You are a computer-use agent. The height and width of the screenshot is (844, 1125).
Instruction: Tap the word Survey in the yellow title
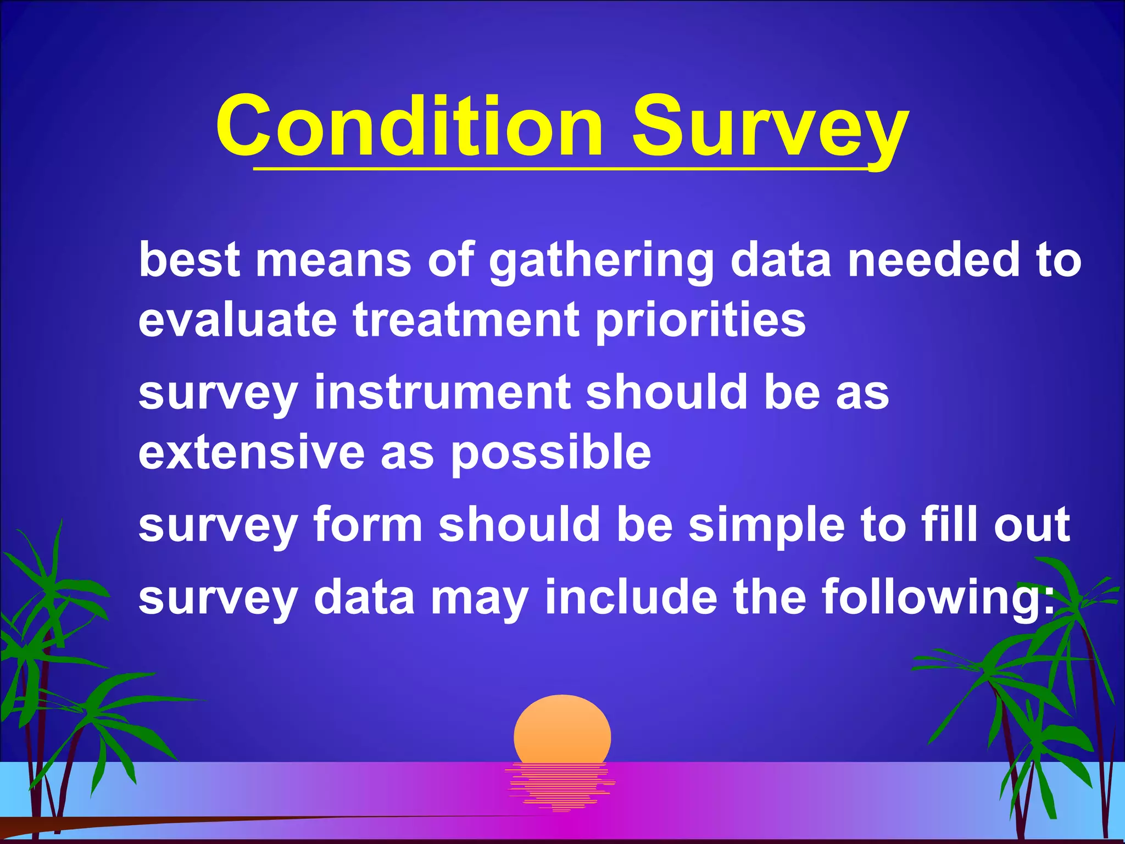point(769,127)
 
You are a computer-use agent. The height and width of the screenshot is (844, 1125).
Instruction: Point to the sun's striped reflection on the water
point(560,786)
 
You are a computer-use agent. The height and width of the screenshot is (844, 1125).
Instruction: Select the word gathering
point(602,261)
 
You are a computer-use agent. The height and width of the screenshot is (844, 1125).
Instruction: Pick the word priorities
point(700,321)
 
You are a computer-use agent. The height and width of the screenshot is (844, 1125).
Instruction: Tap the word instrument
point(442,392)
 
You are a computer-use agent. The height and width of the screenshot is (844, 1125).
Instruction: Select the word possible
point(551,454)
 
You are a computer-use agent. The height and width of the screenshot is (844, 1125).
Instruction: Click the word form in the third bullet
point(367,524)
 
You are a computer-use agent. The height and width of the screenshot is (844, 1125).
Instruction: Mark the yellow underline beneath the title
point(560,170)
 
